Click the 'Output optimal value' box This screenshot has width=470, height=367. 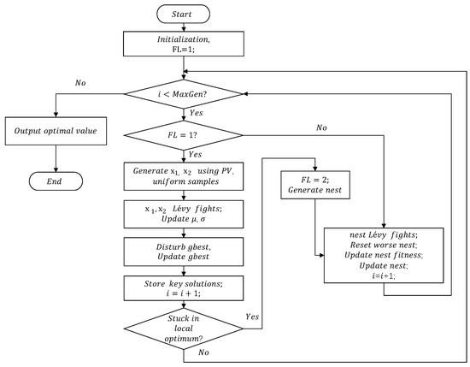56,134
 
